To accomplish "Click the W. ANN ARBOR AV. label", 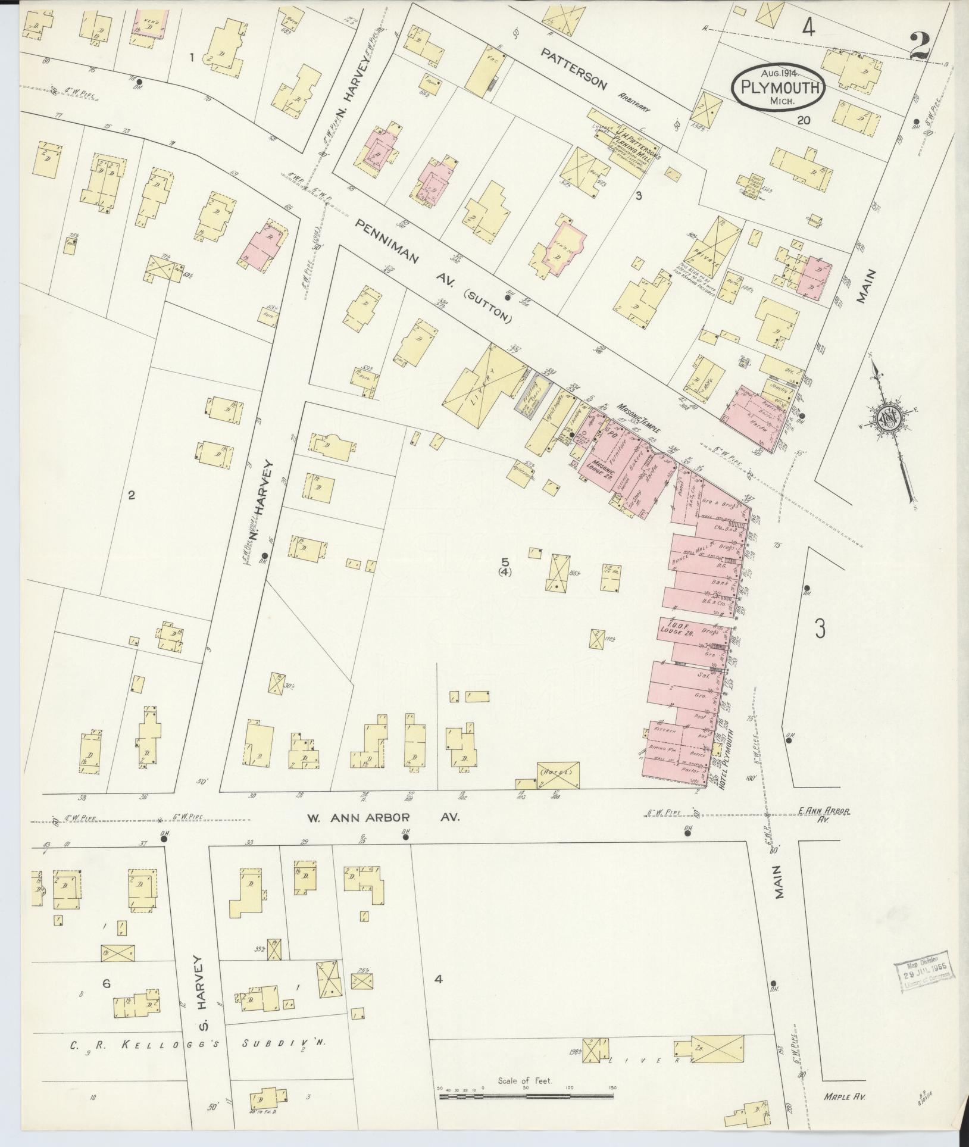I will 383,818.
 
